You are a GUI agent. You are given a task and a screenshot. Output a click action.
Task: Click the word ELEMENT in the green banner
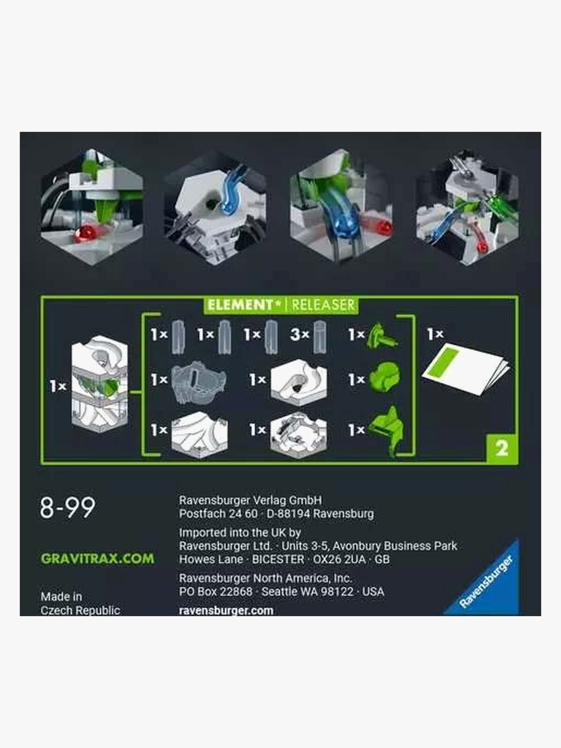[240, 305]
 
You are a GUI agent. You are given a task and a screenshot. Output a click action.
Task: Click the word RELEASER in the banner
[323, 305]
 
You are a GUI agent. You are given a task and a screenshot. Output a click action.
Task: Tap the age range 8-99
[67, 508]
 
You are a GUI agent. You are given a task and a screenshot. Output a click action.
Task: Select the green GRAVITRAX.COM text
[97, 559]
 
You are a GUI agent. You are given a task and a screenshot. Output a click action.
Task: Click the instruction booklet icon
[466, 369]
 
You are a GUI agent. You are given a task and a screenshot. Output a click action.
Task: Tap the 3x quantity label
[300, 335]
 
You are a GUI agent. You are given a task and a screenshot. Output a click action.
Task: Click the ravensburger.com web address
[226, 610]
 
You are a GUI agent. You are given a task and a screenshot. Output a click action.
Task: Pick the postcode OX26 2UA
[339, 559]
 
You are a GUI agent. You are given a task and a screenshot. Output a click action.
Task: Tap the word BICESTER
[278, 559]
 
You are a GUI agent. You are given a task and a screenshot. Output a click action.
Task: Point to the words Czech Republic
[80, 610]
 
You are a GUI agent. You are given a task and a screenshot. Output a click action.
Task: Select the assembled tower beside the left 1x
[100, 384]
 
